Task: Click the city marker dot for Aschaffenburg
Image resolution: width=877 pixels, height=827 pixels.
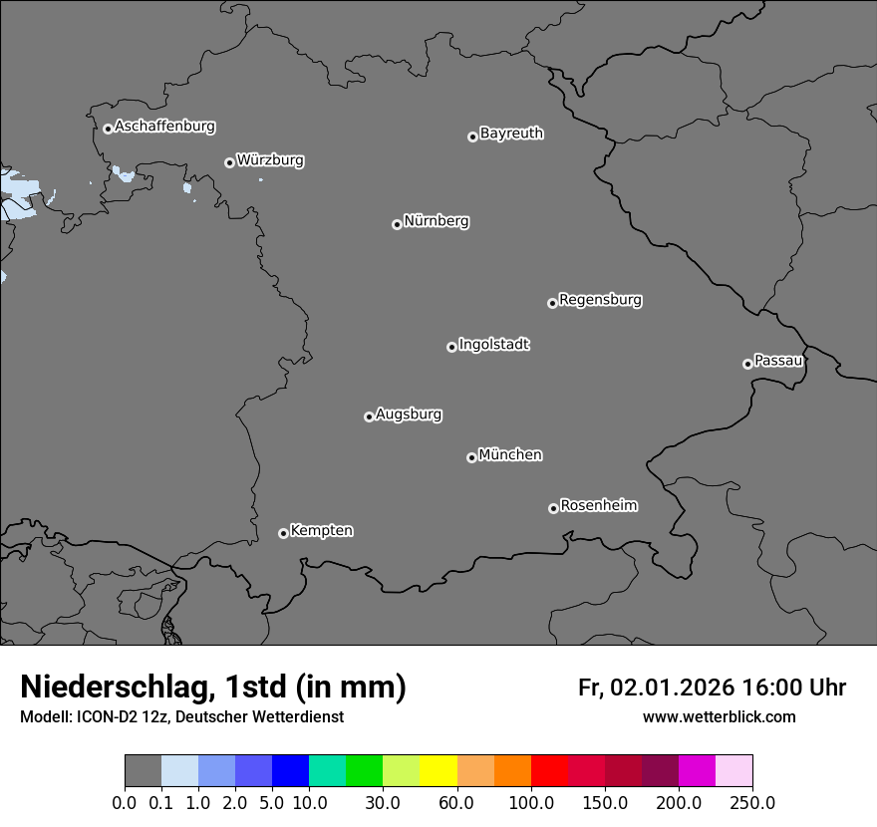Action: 108,129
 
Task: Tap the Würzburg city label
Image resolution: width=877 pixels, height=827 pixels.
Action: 270,160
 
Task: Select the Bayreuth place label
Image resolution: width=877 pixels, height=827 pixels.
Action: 511,134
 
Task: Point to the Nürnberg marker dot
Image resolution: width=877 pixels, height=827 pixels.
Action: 397,224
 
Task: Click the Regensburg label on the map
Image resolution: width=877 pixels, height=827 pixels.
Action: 600,300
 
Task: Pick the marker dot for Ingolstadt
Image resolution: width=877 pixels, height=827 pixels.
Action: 451,347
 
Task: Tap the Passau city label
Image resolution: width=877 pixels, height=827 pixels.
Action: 778,361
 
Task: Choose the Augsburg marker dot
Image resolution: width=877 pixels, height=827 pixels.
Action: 369,416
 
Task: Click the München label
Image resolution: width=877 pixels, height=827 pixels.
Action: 510,455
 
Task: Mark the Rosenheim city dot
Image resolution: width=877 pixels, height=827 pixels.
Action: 553,509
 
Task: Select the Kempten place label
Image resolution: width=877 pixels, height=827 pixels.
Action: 321,531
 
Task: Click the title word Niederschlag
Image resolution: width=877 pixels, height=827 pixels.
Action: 116,688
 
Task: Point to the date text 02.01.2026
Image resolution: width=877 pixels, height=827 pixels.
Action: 673,688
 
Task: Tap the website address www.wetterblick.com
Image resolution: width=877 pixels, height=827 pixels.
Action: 719,717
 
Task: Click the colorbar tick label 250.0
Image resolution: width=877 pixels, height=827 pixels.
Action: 752,803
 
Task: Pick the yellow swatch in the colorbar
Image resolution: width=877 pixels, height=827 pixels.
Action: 438,771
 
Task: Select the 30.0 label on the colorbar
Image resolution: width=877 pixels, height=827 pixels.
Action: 383,803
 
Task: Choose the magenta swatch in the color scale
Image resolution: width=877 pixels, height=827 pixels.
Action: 697,771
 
